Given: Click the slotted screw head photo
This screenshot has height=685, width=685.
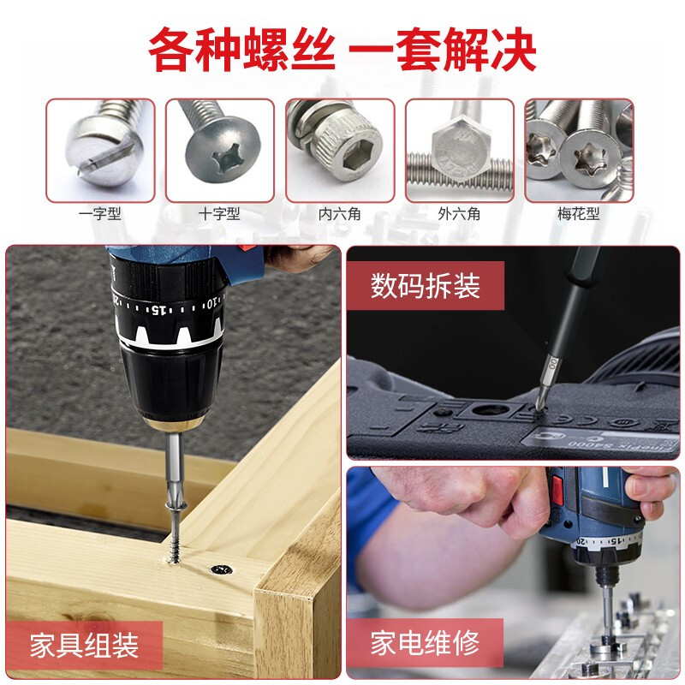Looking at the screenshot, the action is [x=100, y=151].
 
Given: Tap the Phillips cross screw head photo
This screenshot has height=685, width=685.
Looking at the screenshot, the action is [x=220, y=151].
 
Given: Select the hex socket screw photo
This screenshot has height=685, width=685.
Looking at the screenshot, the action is [x=340, y=151].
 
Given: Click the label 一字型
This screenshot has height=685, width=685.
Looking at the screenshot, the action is [x=100, y=214].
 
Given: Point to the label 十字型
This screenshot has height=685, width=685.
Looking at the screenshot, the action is [x=219, y=214].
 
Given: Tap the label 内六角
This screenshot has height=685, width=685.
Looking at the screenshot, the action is [x=339, y=214].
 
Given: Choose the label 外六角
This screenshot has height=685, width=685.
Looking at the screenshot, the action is [x=459, y=214].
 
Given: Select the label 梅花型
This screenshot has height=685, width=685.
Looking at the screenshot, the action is [x=579, y=214].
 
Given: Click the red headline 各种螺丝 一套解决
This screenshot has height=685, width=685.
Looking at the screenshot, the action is [x=342, y=50].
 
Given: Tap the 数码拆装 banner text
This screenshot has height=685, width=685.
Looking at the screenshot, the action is [x=426, y=286].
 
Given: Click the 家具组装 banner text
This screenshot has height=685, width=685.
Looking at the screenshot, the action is [x=84, y=646].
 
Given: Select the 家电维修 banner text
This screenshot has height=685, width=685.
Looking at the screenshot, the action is [x=425, y=643].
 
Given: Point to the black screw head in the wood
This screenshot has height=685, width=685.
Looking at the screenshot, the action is [x=222, y=569].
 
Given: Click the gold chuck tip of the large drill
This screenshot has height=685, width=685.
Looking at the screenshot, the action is [x=174, y=423].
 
